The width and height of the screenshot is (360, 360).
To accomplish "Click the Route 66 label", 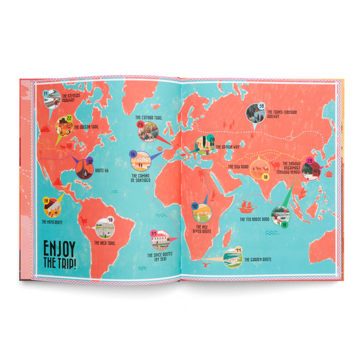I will (x=102, y=171).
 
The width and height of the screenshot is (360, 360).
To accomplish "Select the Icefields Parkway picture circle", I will (x=52, y=98).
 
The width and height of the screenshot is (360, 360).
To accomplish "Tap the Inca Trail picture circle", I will (x=104, y=229).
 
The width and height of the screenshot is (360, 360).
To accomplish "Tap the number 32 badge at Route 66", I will (x=89, y=161).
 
